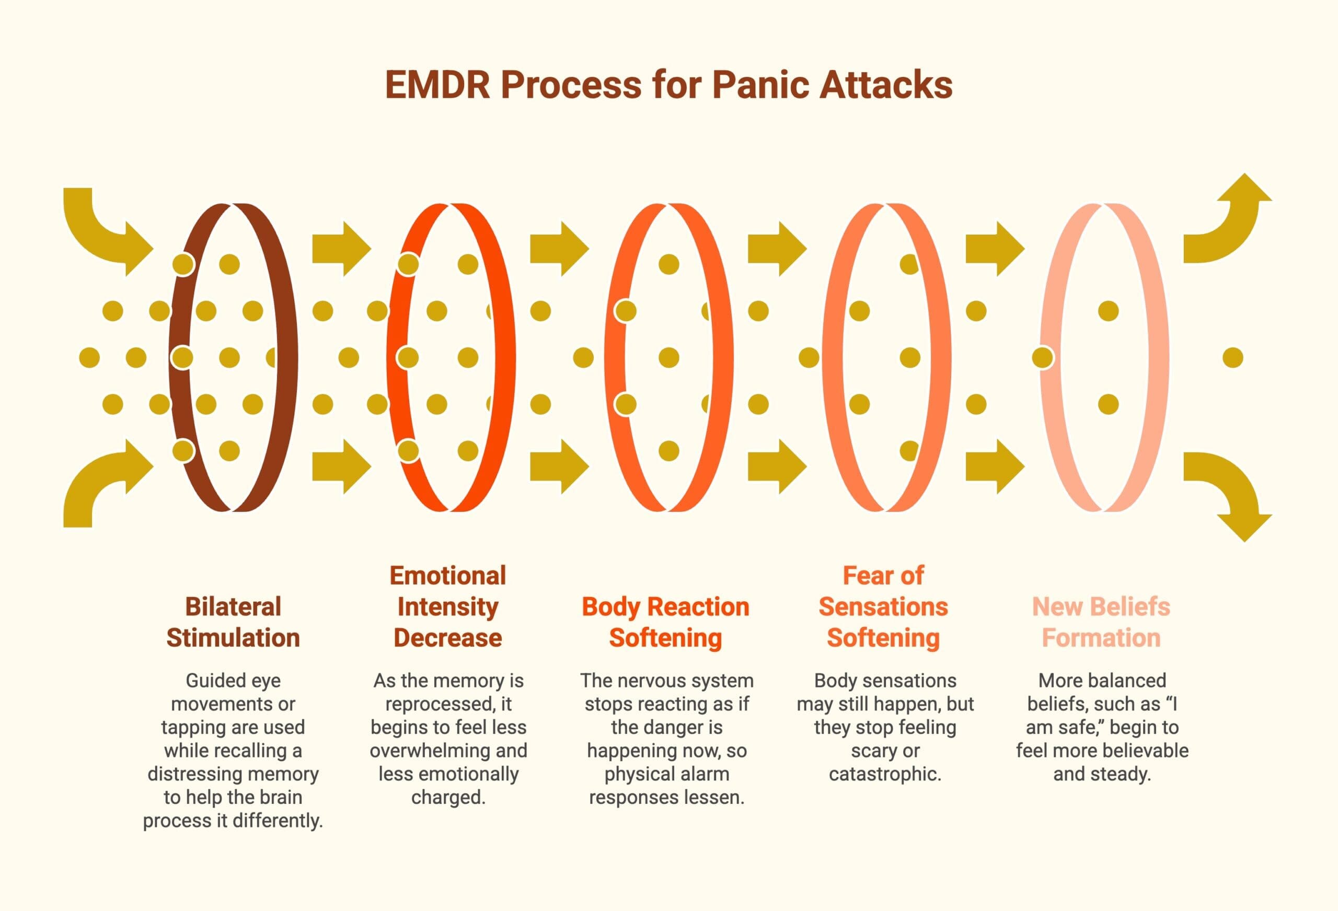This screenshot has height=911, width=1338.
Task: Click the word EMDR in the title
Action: (437, 85)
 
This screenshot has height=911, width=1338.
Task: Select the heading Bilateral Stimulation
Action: (233, 622)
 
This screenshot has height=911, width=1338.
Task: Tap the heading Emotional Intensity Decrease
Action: (448, 606)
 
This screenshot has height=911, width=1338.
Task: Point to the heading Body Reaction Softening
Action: (665, 622)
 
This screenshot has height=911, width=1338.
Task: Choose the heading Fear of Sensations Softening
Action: (883, 606)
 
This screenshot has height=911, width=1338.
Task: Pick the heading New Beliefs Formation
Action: (1101, 622)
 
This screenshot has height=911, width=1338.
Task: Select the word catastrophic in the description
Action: (885, 774)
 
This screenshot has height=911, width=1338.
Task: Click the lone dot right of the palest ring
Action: (1232, 358)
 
